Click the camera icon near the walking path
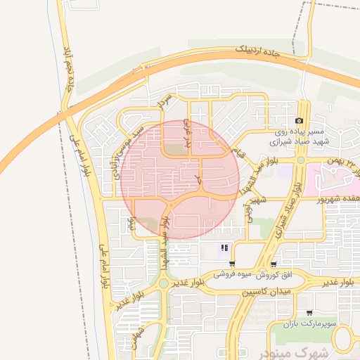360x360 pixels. point(300,122)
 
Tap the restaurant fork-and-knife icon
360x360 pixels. point(224,247)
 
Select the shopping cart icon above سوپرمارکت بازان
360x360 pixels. point(309,312)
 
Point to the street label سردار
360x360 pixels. point(165,104)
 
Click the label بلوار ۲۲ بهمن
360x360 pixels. point(340,163)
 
